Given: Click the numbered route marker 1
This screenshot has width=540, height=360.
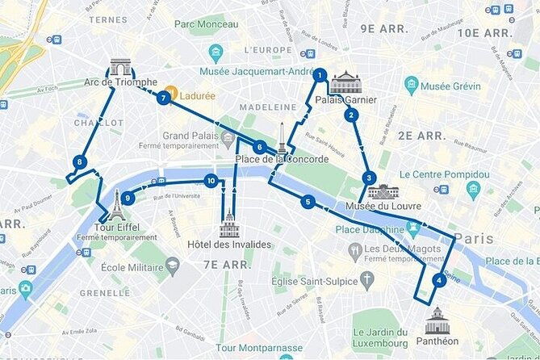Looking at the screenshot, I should pyautogui.click(x=320, y=75).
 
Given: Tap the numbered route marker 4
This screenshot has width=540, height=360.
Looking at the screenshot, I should pyautogui.click(x=438, y=281).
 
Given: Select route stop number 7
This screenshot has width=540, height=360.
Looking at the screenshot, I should pyautogui.click(x=164, y=98).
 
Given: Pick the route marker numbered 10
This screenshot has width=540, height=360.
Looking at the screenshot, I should pyautogui.click(x=211, y=181).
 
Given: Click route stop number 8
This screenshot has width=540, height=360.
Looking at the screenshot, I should pyautogui.click(x=79, y=161).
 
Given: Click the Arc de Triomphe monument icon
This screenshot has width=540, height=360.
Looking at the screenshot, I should pyautogui.click(x=120, y=67).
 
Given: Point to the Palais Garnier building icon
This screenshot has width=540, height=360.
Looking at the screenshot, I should pyautogui.click(x=345, y=82).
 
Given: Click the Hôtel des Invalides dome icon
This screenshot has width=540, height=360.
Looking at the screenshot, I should pyautogui.click(x=229, y=224).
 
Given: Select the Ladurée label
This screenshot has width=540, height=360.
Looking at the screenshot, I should pyautogui.click(x=198, y=95).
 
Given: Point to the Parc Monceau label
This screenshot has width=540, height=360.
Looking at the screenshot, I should pyautogui.click(x=207, y=24).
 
